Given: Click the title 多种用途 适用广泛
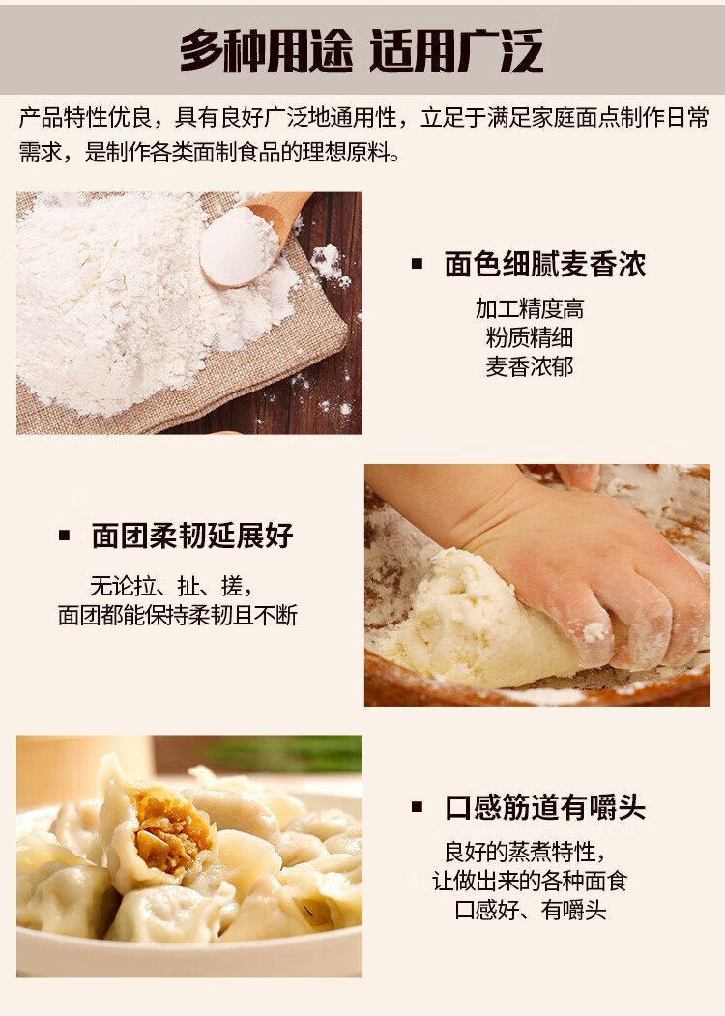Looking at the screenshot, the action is (x=362, y=50).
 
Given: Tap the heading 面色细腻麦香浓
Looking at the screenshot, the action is (x=545, y=264).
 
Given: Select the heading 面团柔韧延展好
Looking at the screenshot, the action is (x=192, y=536).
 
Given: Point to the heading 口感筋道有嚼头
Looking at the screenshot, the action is (x=545, y=807).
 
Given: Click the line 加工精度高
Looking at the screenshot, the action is (x=530, y=309).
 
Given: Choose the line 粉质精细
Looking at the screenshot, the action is (x=530, y=337).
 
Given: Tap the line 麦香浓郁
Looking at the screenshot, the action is (x=530, y=366).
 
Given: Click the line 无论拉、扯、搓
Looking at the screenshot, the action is (x=171, y=587).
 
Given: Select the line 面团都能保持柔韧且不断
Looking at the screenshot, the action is (x=178, y=615).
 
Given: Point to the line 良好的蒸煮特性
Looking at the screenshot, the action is (x=526, y=852).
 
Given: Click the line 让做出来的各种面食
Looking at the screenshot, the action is (x=530, y=881).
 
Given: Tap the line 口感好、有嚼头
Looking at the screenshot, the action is (x=530, y=910).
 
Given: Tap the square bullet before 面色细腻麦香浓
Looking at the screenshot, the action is (x=418, y=264).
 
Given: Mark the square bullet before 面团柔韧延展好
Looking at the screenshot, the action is (x=64, y=536).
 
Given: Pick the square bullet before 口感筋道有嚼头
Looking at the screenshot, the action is (x=418, y=806).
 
